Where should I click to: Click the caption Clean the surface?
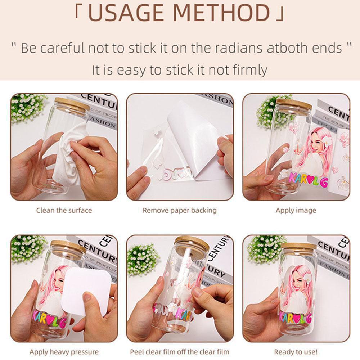click(x=64, y=210)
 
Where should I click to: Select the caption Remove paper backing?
click(x=180, y=210)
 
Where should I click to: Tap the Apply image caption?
click(x=296, y=210)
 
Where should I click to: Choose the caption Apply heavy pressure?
click(x=64, y=352)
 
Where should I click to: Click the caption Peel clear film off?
click(x=180, y=352)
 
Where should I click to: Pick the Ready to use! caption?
click(x=296, y=352)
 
